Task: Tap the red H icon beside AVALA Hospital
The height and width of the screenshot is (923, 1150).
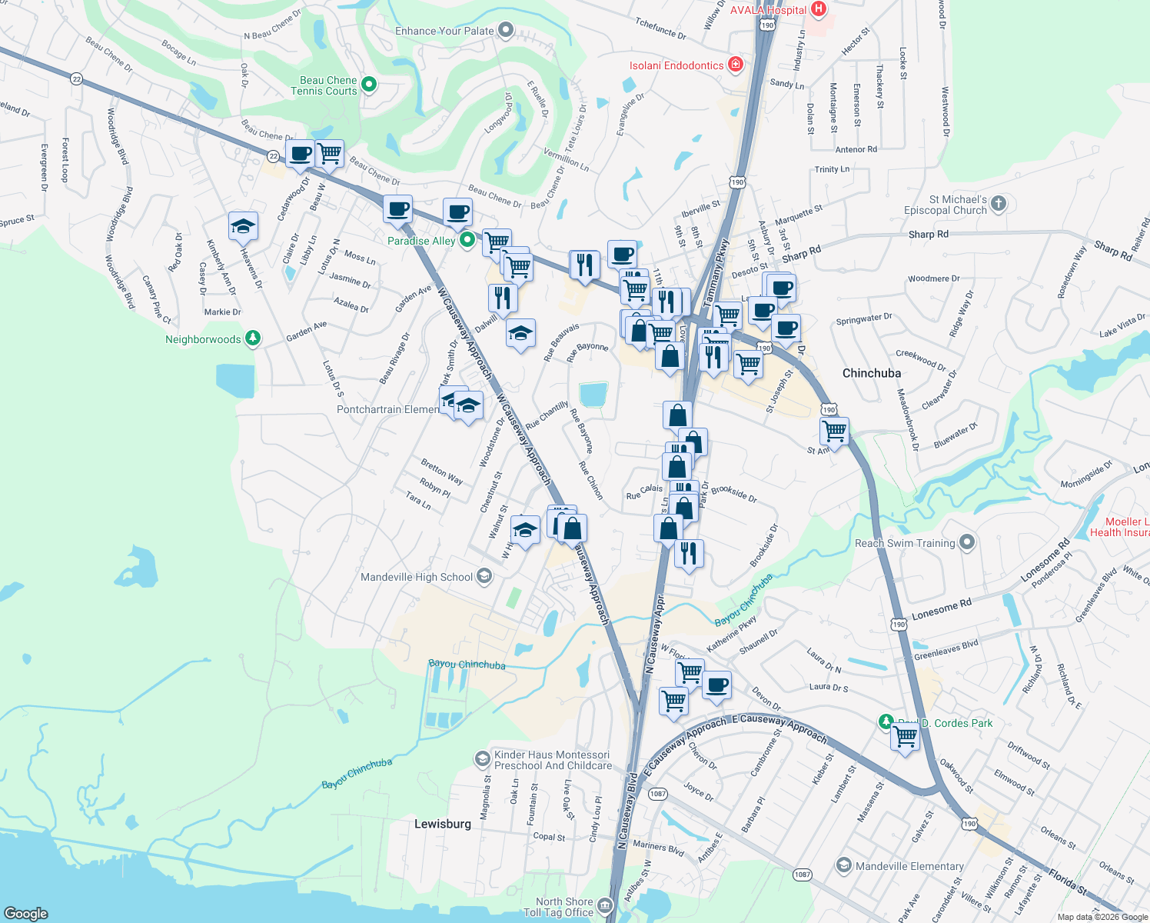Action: point(819,9)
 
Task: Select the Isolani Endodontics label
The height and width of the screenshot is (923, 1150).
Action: point(676,65)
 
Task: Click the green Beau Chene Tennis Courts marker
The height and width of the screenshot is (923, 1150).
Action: point(369,84)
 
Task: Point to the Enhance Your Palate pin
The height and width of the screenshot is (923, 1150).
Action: point(506,30)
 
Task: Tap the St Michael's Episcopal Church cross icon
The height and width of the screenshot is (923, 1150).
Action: point(999,203)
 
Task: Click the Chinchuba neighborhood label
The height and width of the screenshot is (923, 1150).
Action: point(872,373)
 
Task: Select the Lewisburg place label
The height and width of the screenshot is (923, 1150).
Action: point(443,824)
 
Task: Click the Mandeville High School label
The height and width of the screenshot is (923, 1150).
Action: point(417,577)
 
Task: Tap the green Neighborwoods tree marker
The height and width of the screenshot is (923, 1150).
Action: point(253,338)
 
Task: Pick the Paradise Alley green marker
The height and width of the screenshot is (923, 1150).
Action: point(467,241)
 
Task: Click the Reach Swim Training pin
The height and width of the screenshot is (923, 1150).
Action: point(967,542)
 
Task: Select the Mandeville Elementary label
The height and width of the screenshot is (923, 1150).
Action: point(909,866)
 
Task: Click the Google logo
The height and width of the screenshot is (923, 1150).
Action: point(26,913)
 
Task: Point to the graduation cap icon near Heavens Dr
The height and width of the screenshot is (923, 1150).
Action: point(243,226)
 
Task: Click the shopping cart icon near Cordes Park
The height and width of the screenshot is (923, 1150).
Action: point(906,737)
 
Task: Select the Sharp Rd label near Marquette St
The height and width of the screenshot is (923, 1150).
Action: point(801,253)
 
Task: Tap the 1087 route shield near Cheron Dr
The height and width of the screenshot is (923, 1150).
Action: point(657,793)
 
